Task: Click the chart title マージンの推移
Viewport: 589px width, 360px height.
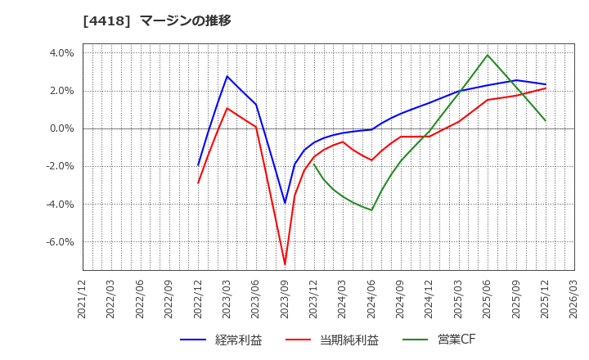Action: (185, 20)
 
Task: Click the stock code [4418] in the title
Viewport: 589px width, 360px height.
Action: (104, 20)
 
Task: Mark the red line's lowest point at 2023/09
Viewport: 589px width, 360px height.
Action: (285, 264)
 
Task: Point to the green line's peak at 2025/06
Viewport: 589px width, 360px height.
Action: (488, 55)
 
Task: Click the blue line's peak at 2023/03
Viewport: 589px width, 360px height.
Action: (227, 76)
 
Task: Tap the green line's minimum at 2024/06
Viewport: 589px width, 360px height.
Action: (371, 210)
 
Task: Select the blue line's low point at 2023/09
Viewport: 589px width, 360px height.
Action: (285, 203)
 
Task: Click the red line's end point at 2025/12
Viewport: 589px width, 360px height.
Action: (545, 88)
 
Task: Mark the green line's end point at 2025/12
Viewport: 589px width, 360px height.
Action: (545, 121)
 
